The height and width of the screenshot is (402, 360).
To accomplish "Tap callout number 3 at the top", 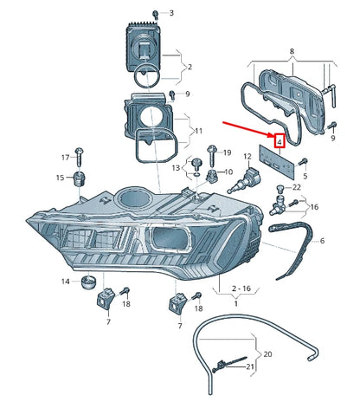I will click(170, 13).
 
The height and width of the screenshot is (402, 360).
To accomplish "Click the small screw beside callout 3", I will click(155, 14).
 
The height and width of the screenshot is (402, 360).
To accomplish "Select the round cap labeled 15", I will click(80, 178).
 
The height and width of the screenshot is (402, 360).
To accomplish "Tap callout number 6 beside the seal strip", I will click(321, 241).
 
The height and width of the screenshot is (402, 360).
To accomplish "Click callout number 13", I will click(177, 167).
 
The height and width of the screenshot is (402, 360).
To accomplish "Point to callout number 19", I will click(227, 152).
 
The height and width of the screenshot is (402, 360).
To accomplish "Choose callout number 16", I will click(313, 207).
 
